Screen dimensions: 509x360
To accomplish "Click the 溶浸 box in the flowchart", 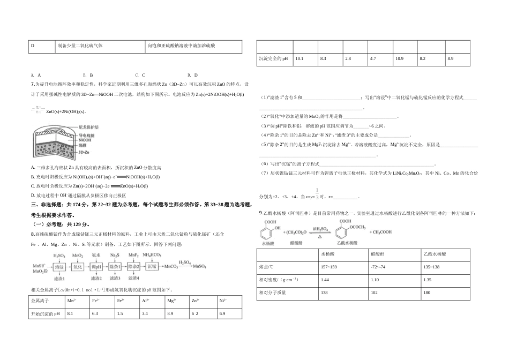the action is click(x=59, y=266).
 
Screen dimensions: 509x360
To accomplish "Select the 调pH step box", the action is click(x=96, y=266).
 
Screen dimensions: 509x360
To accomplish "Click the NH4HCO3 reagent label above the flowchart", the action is click(x=152, y=255).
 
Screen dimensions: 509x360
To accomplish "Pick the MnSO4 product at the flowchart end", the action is click(x=200, y=266).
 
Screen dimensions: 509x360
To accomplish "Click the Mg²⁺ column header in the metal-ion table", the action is click(x=171, y=301).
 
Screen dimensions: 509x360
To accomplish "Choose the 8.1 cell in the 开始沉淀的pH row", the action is click(x=70, y=313).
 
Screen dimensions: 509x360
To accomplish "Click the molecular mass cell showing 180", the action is click(x=427, y=293).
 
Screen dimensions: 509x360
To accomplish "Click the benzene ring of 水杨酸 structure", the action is click(x=266, y=232).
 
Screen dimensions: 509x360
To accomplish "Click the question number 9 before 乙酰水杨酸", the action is click(x=259, y=213).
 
